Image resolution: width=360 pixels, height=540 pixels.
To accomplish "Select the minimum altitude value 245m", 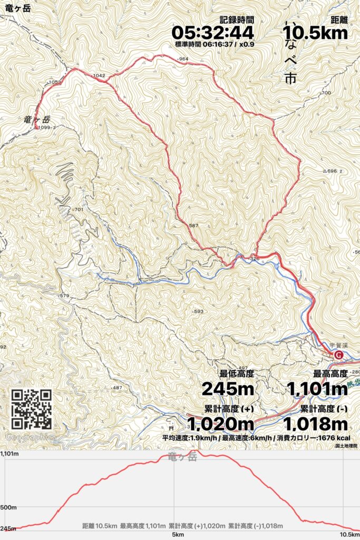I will pyautogui.click(x=228, y=389).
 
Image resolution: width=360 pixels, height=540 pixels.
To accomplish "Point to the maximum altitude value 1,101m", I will pyautogui.click(x=317, y=389).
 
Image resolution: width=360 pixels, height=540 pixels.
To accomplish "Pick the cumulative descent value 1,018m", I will pyautogui.click(x=316, y=423).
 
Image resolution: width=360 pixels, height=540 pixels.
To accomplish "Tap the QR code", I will pyautogui.click(x=32, y=409).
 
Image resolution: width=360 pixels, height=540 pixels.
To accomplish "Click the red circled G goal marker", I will pyautogui.click(x=338, y=355).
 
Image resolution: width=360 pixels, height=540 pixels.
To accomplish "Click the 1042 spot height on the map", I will pyautogui.click(x=99, y=76).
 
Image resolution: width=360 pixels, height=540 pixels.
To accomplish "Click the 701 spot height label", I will pyautogui.click(x=79, y=210).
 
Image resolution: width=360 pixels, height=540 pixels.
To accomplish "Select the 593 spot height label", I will pyautogui.click(x=198, y=311).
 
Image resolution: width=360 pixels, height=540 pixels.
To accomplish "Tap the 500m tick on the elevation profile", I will pyautogui.click(x=8, y=508).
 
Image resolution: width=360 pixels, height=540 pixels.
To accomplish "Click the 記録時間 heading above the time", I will pyautogui.click(x=237, y=20).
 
